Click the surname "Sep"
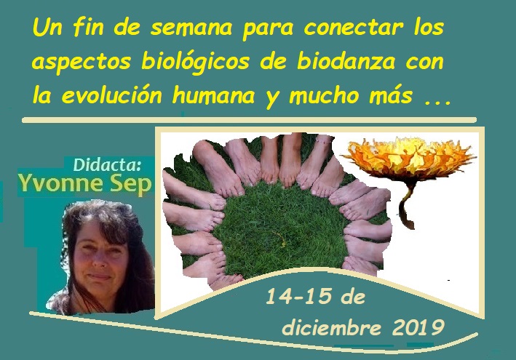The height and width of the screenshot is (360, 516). click(130, 185)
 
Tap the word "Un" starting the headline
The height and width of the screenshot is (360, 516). click(46, 30)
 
